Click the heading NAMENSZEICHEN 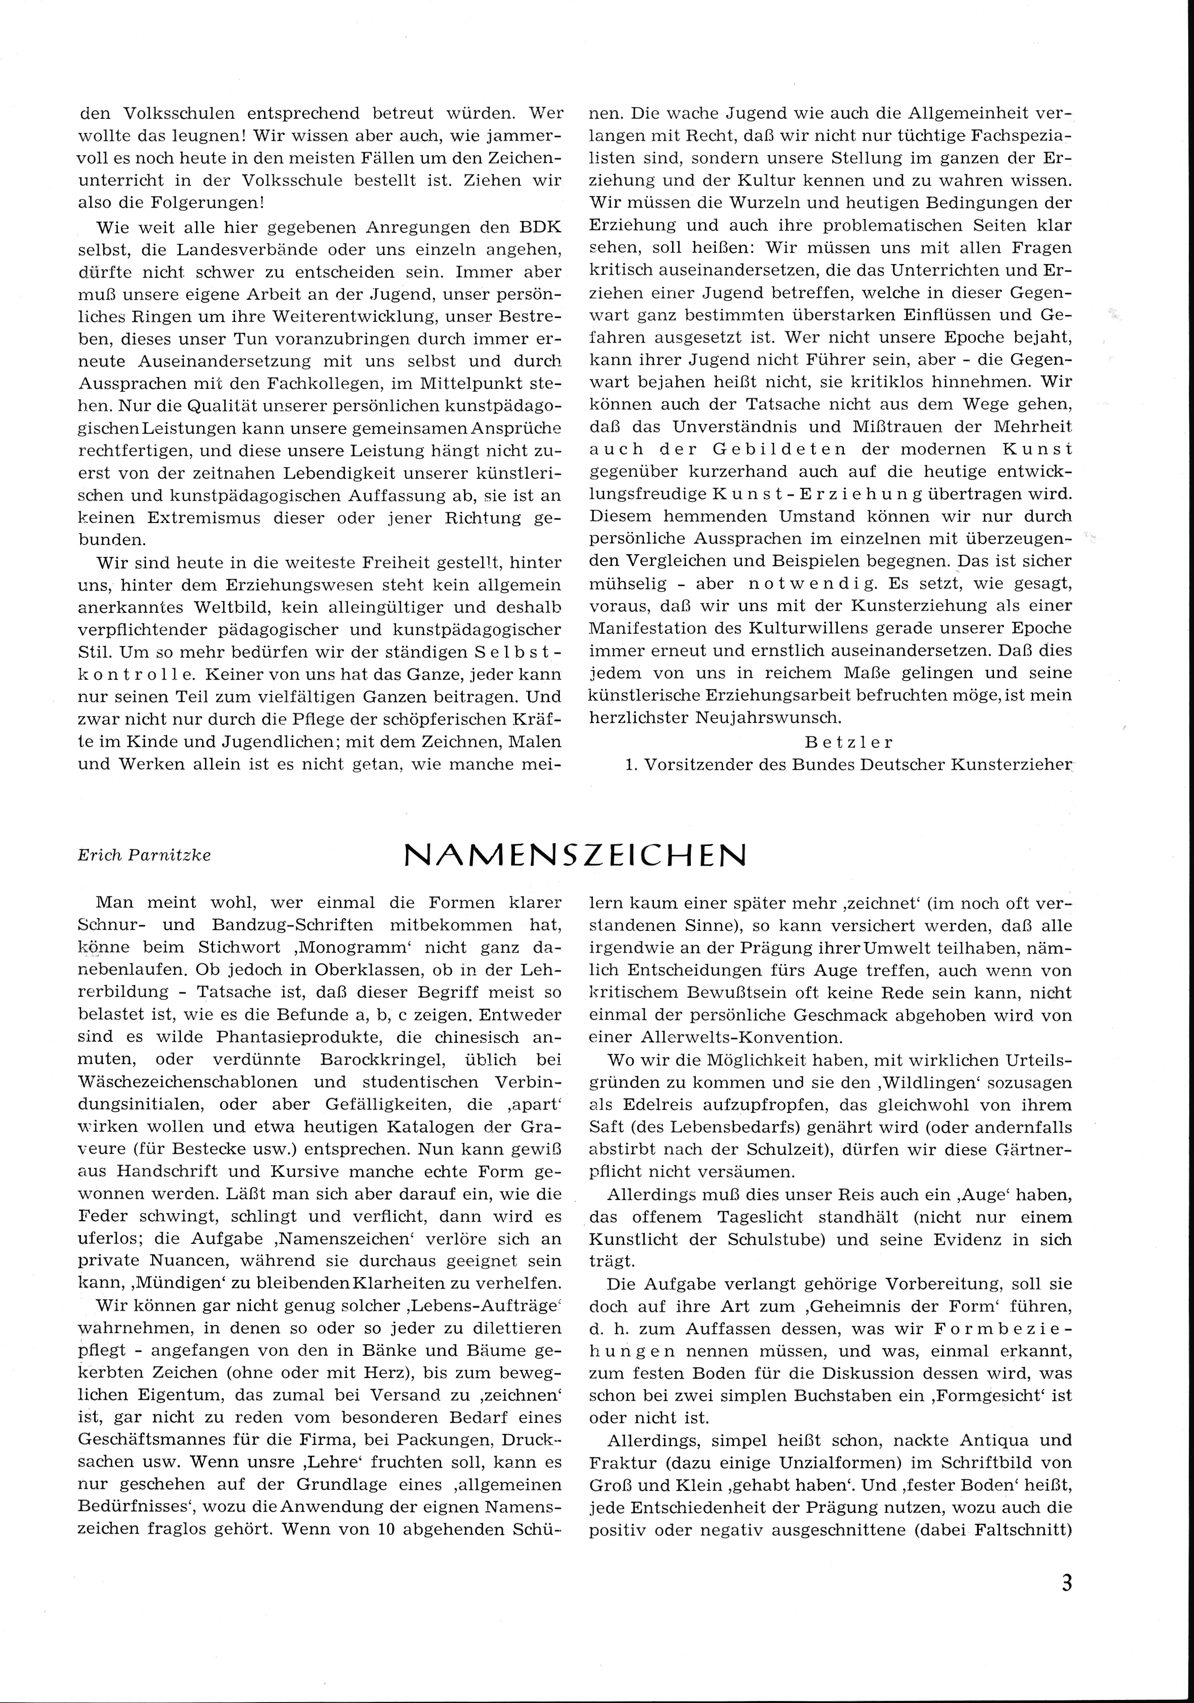point(575,856)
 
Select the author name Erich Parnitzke point(145,855)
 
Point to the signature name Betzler point(849,742)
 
